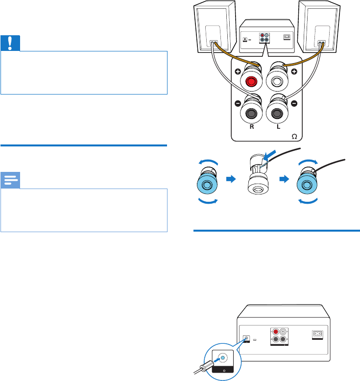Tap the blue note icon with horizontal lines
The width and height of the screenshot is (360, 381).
point(10,181)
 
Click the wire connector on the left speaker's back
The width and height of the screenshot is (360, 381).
point(213,43)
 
